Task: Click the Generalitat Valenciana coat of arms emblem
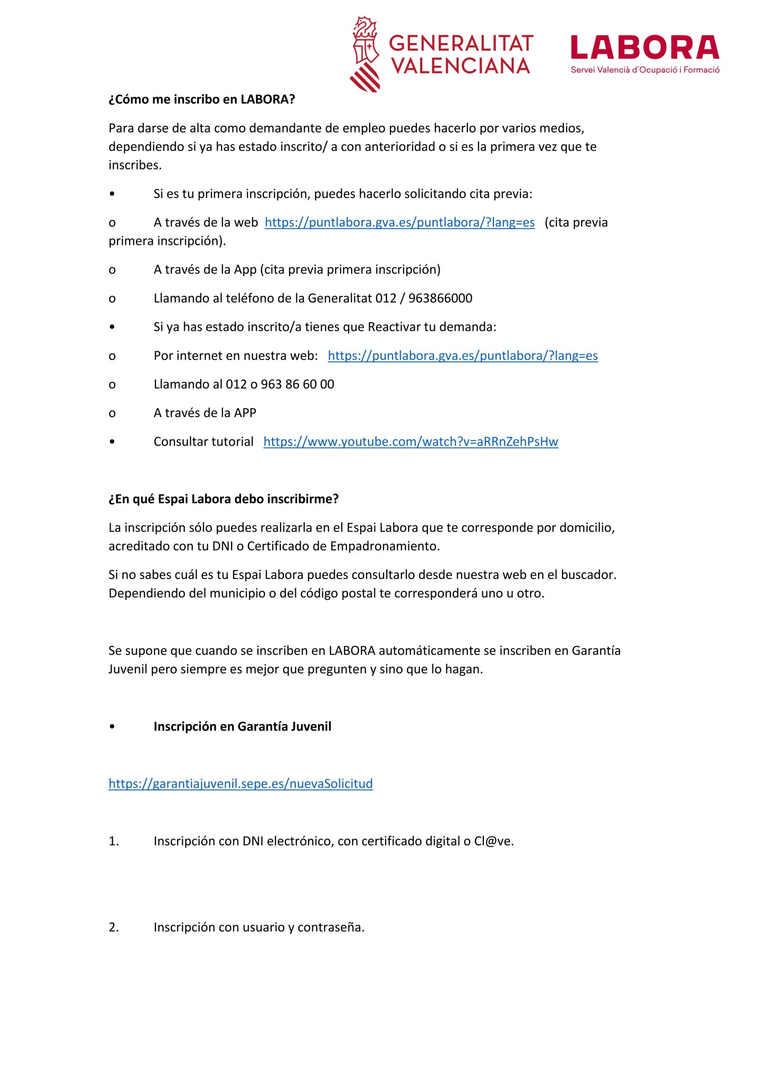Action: (x=365, y=54)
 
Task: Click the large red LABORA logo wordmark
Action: (x=645, y=48)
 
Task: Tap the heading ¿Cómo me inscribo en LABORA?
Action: (x=202, y=99)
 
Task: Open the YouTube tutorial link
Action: (x=411, y=442)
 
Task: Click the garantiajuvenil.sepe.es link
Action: (x=240, y=784)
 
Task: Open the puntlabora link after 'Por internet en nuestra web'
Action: (x=463, y=356)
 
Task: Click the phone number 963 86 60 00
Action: (x=297, y=384)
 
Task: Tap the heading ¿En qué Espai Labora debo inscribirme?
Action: (x=223, y=499)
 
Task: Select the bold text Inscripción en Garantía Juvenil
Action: (x=242, y=726)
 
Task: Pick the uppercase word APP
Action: (x=244, y=413)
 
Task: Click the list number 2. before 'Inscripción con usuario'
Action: (x=114, y=927)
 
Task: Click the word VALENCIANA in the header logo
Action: (x=460, y=66)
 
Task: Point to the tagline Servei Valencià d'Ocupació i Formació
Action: (x=645, y=70)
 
